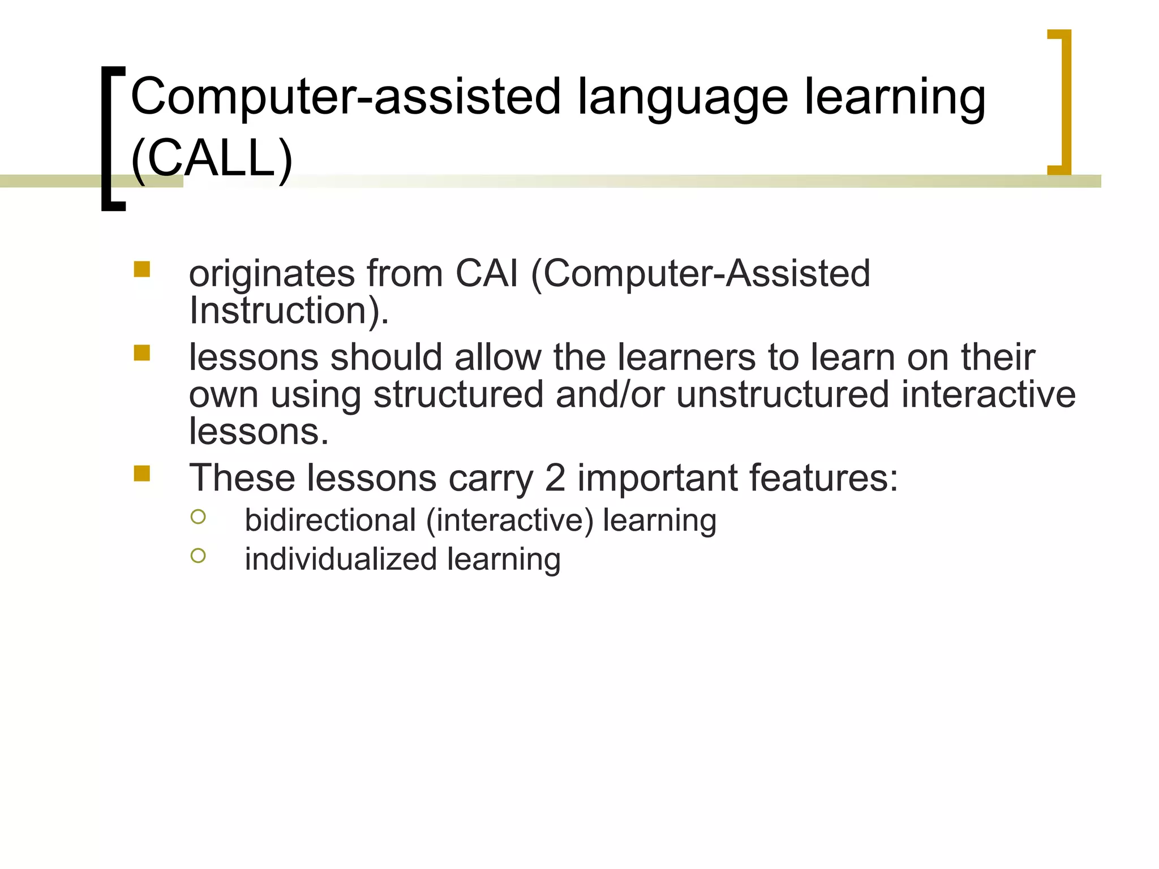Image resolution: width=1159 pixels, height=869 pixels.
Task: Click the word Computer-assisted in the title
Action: click(345, 97)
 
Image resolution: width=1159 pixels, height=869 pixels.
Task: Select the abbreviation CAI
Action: click(487, 273)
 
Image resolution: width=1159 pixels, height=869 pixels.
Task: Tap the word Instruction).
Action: click(289, 311)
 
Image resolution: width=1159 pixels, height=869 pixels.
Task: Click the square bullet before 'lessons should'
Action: click(142, 353)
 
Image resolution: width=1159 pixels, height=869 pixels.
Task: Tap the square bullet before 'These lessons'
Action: click(142, 473)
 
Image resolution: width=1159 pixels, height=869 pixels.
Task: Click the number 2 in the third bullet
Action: click(555, 478)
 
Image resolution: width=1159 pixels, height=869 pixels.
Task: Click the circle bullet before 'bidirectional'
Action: click(198, 517)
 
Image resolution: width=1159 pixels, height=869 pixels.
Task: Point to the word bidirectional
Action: click(330, 520)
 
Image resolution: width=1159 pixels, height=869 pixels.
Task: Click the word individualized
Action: click(341, 559)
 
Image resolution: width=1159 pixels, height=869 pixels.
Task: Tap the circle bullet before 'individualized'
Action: click(198, 556)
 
